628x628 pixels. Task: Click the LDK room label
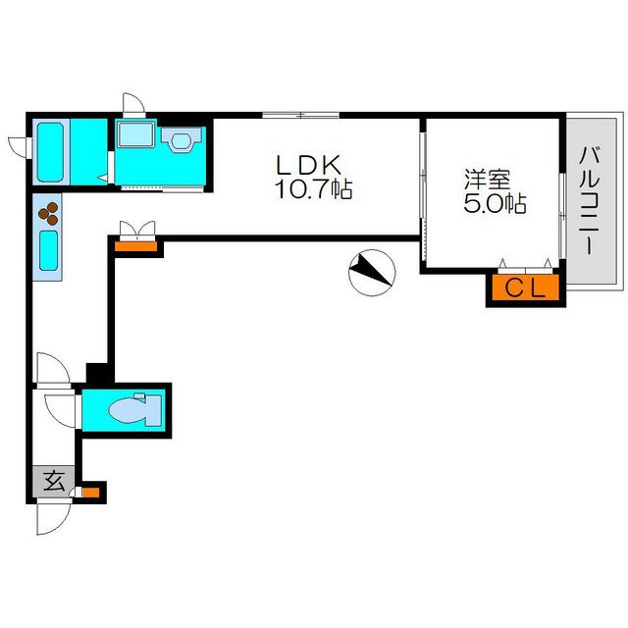coord(309,164)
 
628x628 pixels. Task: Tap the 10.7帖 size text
coord(314,189)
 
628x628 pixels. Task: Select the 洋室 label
coord(488,180)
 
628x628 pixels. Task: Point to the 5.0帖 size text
coord(495,203)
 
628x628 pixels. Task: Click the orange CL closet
coord(526,288)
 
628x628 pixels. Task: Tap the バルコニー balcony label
coord(590,200)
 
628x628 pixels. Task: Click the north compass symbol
coord(372,273)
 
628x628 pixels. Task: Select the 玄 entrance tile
coord(53,482)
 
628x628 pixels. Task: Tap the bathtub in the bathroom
coord(50,152)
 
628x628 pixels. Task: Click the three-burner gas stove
coord(48,214)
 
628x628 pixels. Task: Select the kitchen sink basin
coord(48,251)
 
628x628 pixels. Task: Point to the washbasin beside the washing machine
coord(181,139)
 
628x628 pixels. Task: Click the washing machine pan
coord(135,134)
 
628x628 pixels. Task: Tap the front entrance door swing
coord(53,517)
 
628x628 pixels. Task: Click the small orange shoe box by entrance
coord(90,492)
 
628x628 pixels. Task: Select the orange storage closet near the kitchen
coord(135,246)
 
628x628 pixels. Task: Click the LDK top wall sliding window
coord(301,115)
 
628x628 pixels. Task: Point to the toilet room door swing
coord(60,411)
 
